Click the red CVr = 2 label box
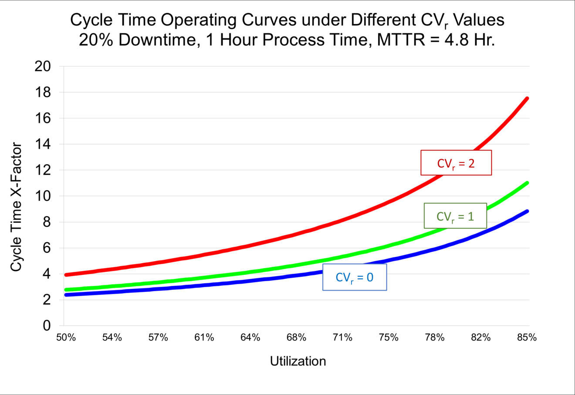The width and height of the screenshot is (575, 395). coord(456,163)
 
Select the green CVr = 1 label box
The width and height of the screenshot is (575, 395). coord(455,216)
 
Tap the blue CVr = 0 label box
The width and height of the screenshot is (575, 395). coord(354,277)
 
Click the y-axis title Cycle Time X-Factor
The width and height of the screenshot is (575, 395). coord(16,207)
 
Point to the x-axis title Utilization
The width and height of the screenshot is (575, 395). coord(298,361)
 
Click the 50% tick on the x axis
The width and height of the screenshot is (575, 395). coord(66,338)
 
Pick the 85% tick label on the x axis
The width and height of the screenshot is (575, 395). coord(527,338)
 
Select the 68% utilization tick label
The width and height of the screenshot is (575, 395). coord(297,338)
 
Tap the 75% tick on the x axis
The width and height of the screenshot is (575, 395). coord(389,338)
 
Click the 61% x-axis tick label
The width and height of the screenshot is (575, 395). coord(204,338)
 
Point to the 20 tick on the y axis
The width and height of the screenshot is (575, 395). coord(42,67)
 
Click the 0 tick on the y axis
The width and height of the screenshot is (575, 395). coord(47,326)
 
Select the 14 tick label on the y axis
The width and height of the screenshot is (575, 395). coord(42,144)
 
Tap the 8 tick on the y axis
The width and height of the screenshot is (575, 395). coord(47,222)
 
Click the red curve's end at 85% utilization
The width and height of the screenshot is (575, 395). coord(527,99)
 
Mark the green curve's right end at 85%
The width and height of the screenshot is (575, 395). coord(527,183)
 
